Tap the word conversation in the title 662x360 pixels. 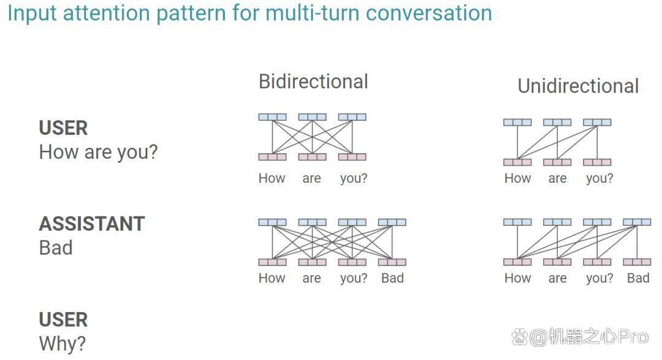coord(429,13)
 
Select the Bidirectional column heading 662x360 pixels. coord(313,82)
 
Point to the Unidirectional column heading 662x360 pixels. coord(578,86)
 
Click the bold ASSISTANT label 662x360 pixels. coord(92,224)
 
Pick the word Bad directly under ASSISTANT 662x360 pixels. coord(56,248)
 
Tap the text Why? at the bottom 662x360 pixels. coord(63,343)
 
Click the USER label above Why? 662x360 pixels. coord(63,320)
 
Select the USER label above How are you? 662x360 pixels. coord(63,128)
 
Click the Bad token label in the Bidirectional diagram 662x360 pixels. coord(392,278)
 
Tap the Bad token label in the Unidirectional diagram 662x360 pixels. coord(638,278)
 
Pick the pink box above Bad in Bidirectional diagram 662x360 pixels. coord(392,262)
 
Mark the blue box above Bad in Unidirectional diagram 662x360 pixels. coord(637,222)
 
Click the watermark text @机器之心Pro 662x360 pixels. coord(589,337)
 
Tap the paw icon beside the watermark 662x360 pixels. coord(520,337)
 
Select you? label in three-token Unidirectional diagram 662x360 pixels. coord(599,178)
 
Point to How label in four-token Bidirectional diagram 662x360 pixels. coord(272,278)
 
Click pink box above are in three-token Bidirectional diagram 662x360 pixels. coord(313,157)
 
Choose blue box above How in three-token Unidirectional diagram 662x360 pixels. coord(517,123)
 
